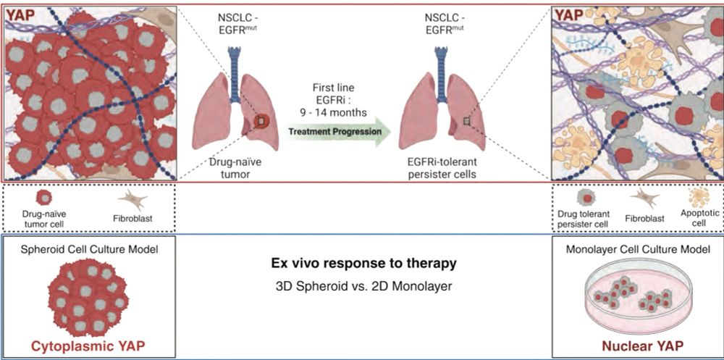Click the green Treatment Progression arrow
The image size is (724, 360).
[x=339, y=132]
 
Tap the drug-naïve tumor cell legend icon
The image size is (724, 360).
[x=44, y=197]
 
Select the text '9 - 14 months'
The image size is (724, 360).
[x=336, y=113]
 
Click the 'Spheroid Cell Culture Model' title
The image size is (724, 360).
[x=90, y=250]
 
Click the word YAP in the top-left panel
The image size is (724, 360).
[x=22, y=14]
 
